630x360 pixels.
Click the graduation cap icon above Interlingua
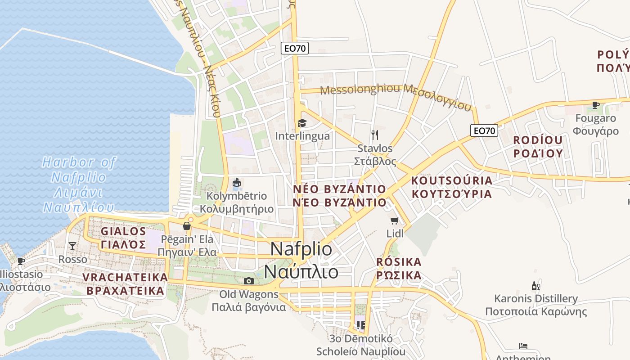[x=301, y=123]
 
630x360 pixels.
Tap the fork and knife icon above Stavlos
[x=374, y=135]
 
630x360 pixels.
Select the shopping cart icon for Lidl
[x=395, y=220]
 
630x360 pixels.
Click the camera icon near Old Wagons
[x=248, y=281]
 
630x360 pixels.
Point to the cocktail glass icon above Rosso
[x=72, y=246]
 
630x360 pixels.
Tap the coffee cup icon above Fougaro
[x=596, y=105]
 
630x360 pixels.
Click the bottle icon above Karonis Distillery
[x=535, y=286]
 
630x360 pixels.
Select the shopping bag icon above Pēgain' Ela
[x=187, y=226]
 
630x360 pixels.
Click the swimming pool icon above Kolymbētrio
[x=237, y=183]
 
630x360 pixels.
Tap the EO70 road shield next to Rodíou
[x=484, y=131]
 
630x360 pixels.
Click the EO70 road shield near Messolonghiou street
[x=295, y=48]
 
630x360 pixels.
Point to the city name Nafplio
[x=301, y=261]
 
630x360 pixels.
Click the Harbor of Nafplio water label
[x=79, y=184]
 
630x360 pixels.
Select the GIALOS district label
[x=123, y=238]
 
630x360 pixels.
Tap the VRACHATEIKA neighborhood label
[x=125, y=284]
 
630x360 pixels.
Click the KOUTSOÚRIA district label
[x=452, y=187]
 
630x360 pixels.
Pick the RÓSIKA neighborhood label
[x=399, y=268]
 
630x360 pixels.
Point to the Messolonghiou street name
[x=396, y=96]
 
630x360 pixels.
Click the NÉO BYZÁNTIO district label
[x=339, y=195]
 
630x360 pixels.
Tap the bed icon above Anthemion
[x=523, y=346]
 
